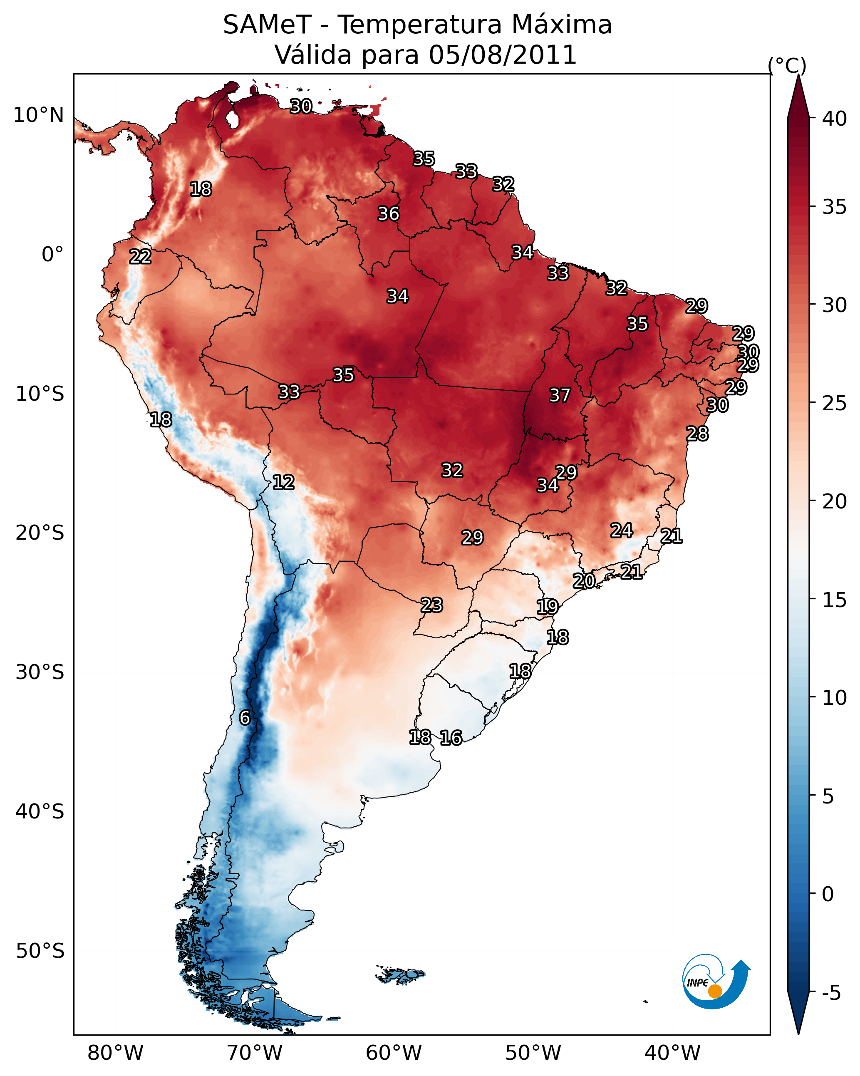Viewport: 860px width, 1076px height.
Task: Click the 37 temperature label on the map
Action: (x=560, y=395)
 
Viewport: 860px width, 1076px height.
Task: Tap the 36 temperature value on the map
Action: (x=388, y=213)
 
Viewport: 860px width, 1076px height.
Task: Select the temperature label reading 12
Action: (x=283, y=482)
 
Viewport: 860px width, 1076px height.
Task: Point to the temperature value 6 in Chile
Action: (x=245, y=718)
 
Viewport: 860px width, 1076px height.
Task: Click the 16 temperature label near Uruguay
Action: (x=451, y=738)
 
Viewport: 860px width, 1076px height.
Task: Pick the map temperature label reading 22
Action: (x=140, y=257)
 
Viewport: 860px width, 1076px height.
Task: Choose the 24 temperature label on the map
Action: (x=622, y=530)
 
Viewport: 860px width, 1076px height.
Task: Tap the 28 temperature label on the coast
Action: (x=697, y=434)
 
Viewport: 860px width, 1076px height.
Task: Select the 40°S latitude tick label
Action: (x=40, y=812)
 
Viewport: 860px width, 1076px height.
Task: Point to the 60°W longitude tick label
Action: (x=394, y=1053)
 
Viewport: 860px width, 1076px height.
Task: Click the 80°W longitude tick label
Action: (x=115, y=1053)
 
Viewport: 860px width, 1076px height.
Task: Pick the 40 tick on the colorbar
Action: (x=835, y=119)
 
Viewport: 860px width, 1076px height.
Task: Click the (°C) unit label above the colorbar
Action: (x=787, y=65)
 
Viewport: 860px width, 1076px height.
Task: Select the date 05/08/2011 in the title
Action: (x=503, y=55)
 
